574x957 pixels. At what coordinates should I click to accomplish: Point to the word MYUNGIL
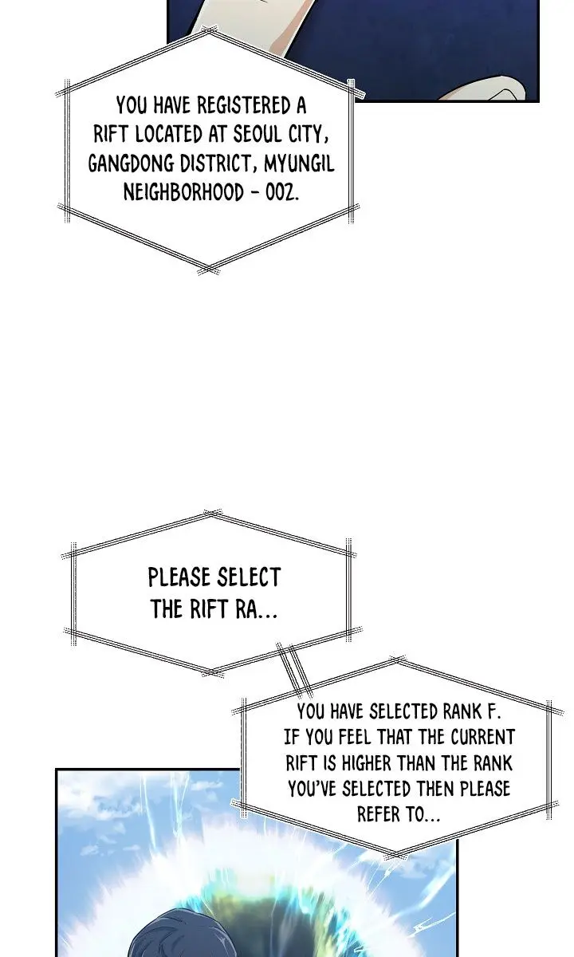pyautogui.click(x=299, y=164)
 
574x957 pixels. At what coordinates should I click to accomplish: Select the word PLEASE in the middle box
pyautogui.click(x=179, y=577)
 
